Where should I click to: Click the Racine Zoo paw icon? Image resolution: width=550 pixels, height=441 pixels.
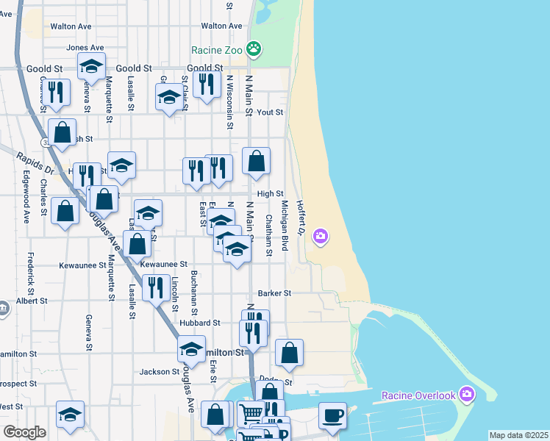pos(254,50)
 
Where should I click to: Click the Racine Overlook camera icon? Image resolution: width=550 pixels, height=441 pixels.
pos(465,395)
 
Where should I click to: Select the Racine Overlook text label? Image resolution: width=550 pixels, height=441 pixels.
pos(418,396)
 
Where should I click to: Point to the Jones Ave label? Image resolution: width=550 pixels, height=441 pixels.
pos(80,48)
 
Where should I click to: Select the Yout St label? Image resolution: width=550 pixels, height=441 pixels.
pos(270,112)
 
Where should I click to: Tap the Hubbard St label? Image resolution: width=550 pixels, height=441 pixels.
pos(199,323)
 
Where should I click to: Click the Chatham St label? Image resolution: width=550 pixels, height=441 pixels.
pos(269,235)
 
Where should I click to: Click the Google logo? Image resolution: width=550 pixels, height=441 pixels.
pos(24,432)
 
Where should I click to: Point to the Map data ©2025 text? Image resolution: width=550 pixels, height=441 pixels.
pos(518,435)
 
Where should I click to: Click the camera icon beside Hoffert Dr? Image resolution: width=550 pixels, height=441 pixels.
pos(321,236)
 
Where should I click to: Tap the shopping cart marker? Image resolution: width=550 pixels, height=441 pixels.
pos(251,415)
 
